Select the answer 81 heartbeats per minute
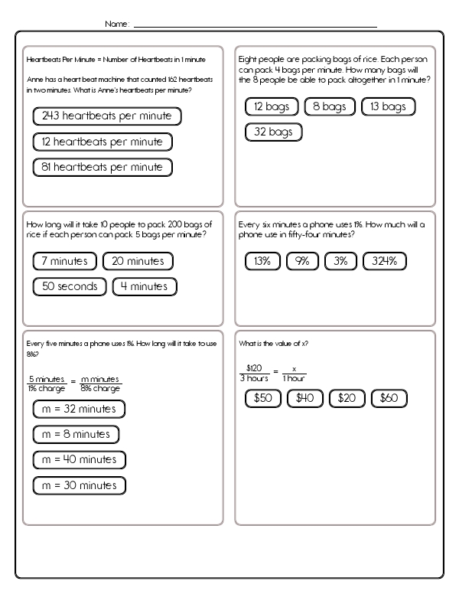pos(103,167)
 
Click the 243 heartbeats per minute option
pos(107,116)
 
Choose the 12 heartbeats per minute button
pos(103,142)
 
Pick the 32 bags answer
pos(273,132)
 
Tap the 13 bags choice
pos(387,107)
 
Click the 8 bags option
pos(329,107)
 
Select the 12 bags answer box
pos(272,107)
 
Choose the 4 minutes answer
pos(145,287)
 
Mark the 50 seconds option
pos(70,287)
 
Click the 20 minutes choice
pos(138,262)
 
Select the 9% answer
pos(302,262)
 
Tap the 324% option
pos(384,262)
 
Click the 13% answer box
pos(262,262)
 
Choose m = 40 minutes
pos(80,460)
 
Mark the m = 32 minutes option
pos(79,410)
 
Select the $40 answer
pos(305,399)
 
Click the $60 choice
pos(389,399)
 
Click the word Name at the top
pos(116,24)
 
